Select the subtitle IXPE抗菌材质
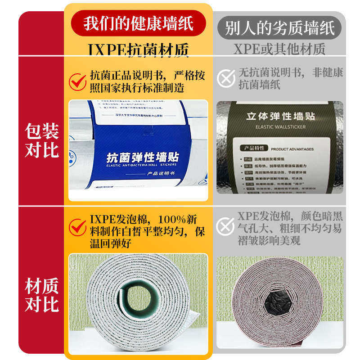pyautogui.click(x=138, y=49)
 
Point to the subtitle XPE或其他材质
pyautogui.click(x=279, y=49)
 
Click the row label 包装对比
pyautogui.click(x=41, y=141)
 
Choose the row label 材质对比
pyautogui.click(x=41, y=296)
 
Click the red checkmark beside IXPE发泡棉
pyautogui.click(x=77, y=227)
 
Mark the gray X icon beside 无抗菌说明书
pyautogui.click(x=226, y=78)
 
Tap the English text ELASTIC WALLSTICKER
pyautogui.click(x=280, y=127)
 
